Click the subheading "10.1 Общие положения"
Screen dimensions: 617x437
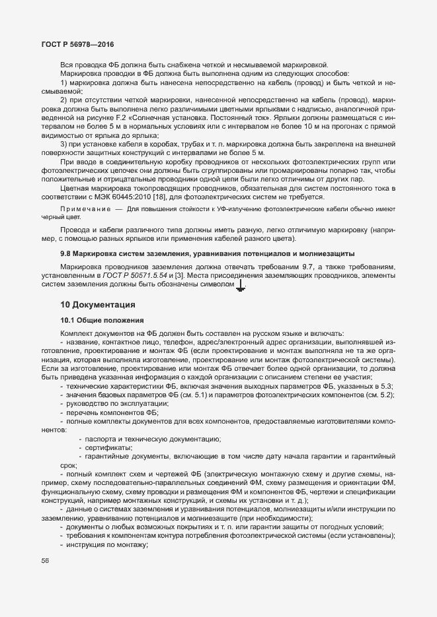(95, 319)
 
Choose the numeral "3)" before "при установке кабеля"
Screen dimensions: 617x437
(65, 143)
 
